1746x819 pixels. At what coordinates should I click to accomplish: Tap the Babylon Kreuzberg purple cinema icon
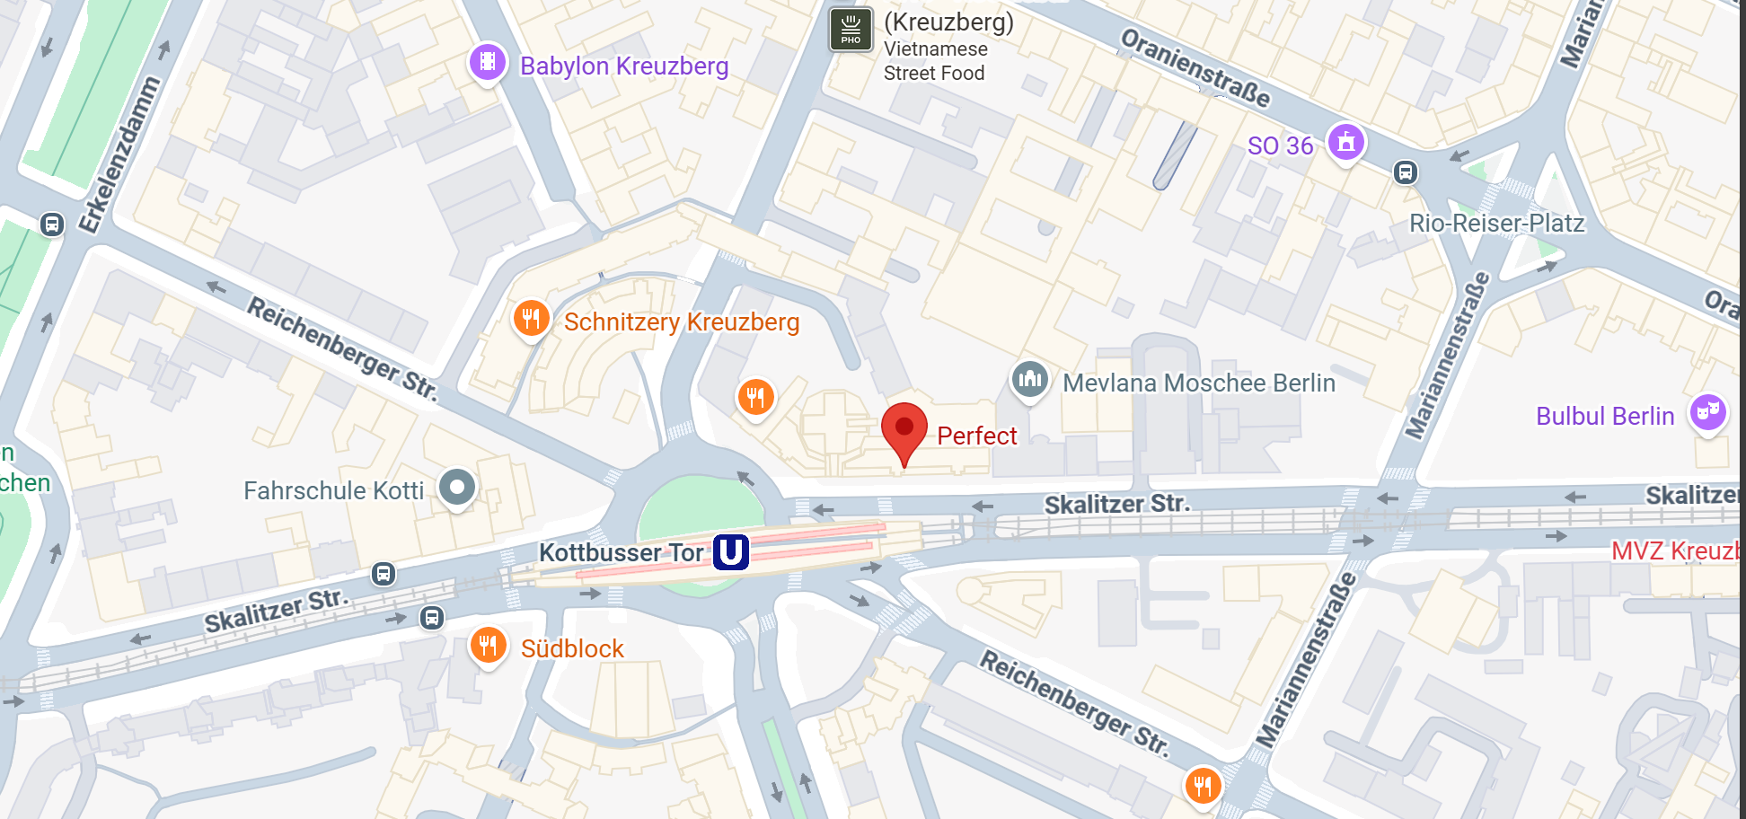(x=488, y=62)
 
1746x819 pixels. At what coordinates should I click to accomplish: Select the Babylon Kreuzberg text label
(x=624, y=66)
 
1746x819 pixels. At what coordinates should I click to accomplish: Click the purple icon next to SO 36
(x=1345, y=142)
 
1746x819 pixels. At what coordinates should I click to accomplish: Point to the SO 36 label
(x=1280, y=145)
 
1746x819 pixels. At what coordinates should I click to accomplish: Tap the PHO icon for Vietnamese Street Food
(x=851, y=30)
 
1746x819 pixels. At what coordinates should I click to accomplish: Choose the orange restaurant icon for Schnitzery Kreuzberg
(x=531, y=318)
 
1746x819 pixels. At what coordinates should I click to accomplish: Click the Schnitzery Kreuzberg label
(x=682, y=321)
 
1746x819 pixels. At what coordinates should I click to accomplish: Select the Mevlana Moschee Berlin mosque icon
(x=1029, y=379)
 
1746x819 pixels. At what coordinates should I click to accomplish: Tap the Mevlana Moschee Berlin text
(x=1199, y=383)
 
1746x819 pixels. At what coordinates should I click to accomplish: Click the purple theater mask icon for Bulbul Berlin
(x=1707, y=412)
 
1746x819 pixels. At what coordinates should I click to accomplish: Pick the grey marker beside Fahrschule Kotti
(x=457, y=488)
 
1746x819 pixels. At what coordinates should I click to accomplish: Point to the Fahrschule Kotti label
(x=333, y=490)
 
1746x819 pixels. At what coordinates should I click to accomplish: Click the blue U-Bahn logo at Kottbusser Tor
(x=731, y=551)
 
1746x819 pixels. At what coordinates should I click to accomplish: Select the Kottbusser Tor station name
(x=621, y=552)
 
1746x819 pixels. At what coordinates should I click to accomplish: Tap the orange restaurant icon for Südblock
(x=488, y=645)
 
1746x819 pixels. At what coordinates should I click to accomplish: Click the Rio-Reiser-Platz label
(x=1496, y=223)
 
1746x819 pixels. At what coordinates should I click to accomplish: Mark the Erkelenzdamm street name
(x=119, y=154)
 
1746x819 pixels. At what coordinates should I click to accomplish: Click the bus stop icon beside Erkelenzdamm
(x=52, y=224)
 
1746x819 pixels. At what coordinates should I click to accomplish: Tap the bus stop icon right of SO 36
(x=1406, y=172)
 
